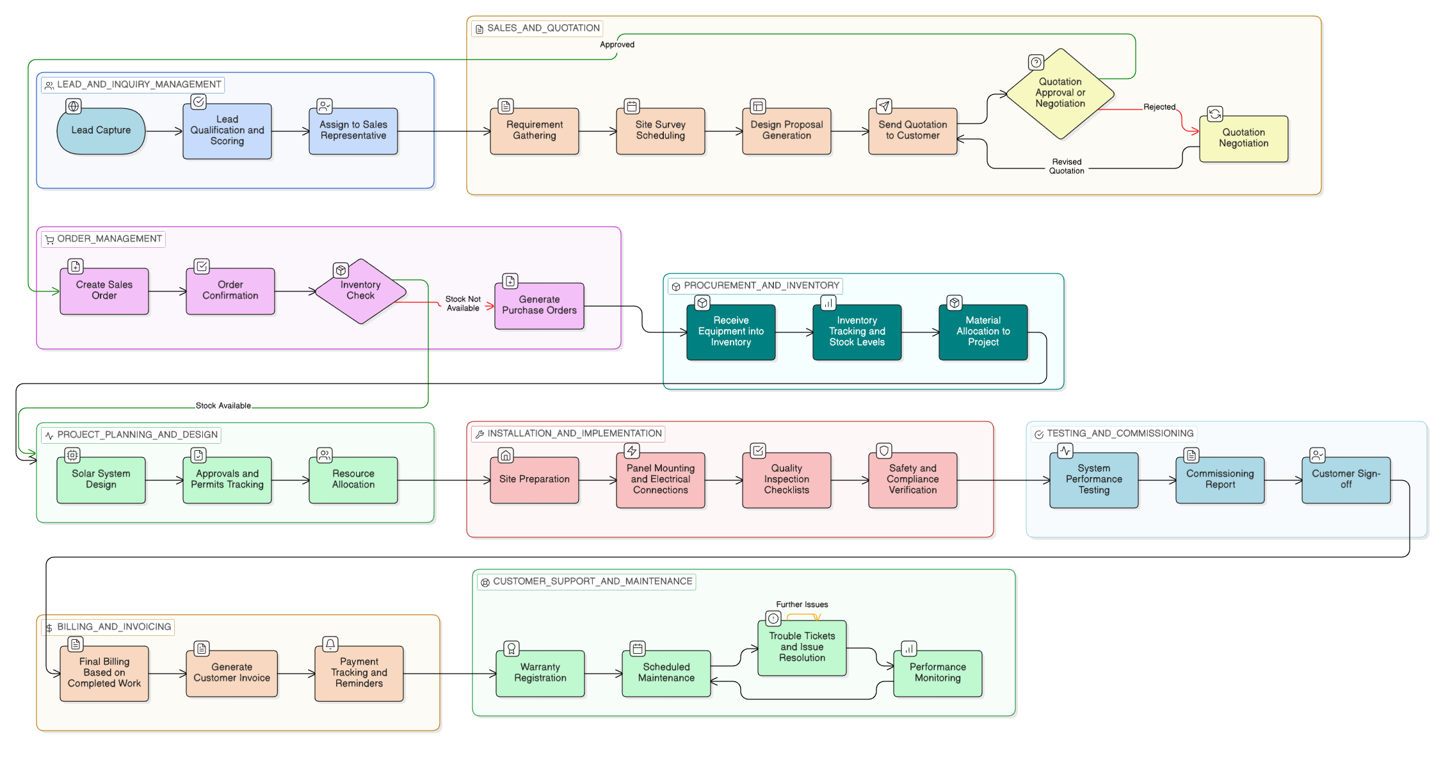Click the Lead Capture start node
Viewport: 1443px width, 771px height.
click(x=101, y=131)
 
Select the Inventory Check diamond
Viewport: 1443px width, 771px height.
click(x=360, y=291)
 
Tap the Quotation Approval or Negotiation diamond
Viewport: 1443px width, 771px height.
click(x=1060, y=93)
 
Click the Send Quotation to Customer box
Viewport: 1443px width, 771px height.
click(x=912, y=131)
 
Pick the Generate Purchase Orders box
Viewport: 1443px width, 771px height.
click(x=539, y=305)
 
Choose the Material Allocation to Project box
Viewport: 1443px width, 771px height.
click(x=983, y=332)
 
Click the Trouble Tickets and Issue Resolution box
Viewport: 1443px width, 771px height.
click(x=802, y=647)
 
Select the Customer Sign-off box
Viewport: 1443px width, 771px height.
click(x=1346, y=480)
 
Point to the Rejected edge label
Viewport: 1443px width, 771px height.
click(x=1159, y=107)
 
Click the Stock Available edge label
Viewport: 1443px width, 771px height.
click(x=223, y=405)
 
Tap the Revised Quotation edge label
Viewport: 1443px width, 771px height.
click(x=1067, y=166)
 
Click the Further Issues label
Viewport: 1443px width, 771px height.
click(x=802, y=605)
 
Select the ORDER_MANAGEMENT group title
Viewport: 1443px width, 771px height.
click(x=109, y=239)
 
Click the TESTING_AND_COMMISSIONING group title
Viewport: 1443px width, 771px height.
click(x=1120, y=434)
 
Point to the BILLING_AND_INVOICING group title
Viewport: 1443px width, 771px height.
click(x=114, y=627)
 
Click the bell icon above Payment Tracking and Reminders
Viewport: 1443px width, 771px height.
click(x=330, y=644)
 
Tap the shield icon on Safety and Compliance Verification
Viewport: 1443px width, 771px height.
click(x=884, y=451)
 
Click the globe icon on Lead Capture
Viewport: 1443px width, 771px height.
click(x=74, y=106)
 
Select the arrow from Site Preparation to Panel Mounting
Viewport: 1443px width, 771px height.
click(x=597, y=480)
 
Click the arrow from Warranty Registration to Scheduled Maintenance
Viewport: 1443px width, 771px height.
click(x=603, y=674)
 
